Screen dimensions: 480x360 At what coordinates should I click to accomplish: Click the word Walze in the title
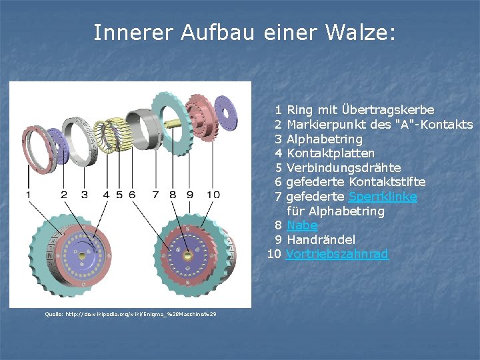click(x=359, y=32)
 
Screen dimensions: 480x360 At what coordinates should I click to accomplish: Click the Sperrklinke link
click(x=384, y=197)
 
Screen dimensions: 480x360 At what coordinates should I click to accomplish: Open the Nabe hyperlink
click(x=302, y=225)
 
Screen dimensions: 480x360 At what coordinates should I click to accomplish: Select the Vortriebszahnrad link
click(x=337, y=254)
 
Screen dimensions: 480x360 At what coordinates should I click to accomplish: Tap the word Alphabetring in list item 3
click(x=325, y=139)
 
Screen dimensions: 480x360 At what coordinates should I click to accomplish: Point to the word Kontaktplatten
click(x=331, y=153)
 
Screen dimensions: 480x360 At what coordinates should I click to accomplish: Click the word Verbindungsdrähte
click(x=343, y=168)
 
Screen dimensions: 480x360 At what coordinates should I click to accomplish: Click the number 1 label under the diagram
click(x=28, y=195)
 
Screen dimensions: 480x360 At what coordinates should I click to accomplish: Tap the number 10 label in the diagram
click(x=213, y=195)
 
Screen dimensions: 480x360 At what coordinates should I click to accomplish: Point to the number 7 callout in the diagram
click(x=155, y=195)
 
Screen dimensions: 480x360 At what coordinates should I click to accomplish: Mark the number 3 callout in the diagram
click(x=84, y=195)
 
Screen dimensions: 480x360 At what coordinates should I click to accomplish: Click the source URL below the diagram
click(x=131, y=314)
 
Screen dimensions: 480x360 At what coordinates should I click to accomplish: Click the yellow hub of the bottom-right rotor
click(x=187, y=255)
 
